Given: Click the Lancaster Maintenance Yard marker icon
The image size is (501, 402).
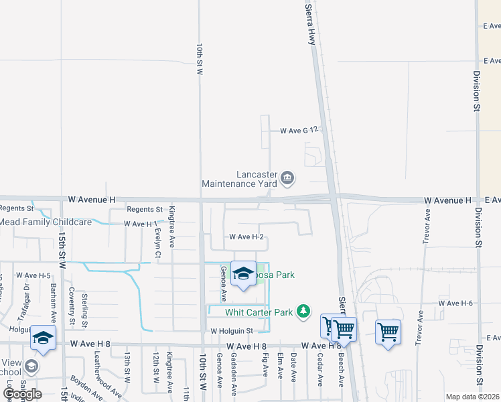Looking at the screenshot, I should click(x=287, y=178).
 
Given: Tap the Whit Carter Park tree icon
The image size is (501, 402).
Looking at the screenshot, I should click(x=303, y=311).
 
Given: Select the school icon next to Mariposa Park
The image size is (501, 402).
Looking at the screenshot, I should click(x=244, y=274).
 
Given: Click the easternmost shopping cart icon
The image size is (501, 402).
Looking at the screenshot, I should click(x=388, y=332).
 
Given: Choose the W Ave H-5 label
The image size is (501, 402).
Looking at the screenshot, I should click(x=33, y=275).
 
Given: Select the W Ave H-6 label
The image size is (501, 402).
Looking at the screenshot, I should click(x=455, y=304).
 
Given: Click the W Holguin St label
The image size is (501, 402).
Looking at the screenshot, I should click(x=232, y=330).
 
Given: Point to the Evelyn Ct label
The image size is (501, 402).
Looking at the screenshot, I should click(x=157, y=239).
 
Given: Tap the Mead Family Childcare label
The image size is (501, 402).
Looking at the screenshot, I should click(x=46, y=222).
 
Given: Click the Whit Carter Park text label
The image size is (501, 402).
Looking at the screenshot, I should click(x=259, y=312).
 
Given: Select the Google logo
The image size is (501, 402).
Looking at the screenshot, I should click(x=22, y=393).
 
